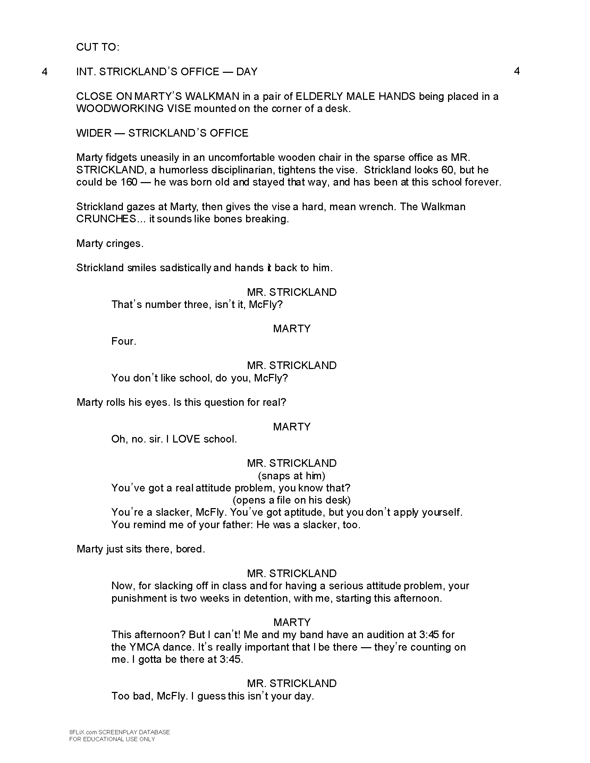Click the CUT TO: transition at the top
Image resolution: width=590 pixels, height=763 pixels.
pyautogui.click(x=98, y=47)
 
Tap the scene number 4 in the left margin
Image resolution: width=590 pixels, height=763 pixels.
pyautogui.click(x=44, y=72)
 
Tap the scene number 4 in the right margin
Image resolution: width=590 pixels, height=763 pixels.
pyautogui.click(x=517, y=71)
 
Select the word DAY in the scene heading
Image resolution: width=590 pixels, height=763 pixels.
pyautogui.click(x=247, y=72)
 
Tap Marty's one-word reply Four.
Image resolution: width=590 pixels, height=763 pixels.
pyautogui.click(x=124, y=341)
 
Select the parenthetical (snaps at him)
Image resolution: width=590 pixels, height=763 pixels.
pyautogui.click(x=292, y=475)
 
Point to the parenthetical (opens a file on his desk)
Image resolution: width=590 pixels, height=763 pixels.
pyautogui.click(x=292, y=500)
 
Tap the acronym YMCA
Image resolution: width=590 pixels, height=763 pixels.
pyautogui.click(x=144, y=647)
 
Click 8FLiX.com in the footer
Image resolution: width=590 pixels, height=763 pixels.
pyautogui.click(x=83, y=732)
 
